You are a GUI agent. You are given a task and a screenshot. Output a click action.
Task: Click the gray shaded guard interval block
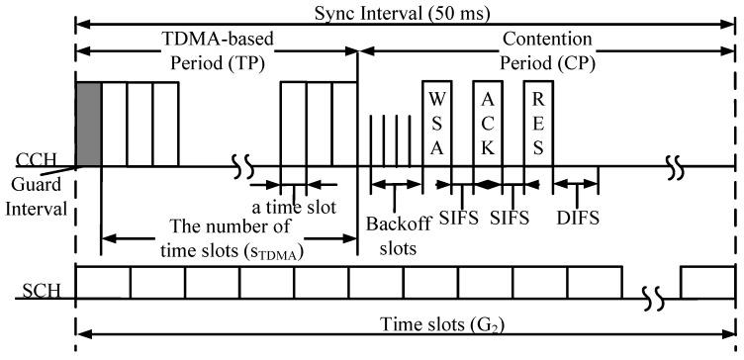coord(88,124)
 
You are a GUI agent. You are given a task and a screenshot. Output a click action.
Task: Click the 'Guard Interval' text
coord(36,198)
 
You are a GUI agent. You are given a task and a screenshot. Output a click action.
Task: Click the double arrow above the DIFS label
coord(575,184)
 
